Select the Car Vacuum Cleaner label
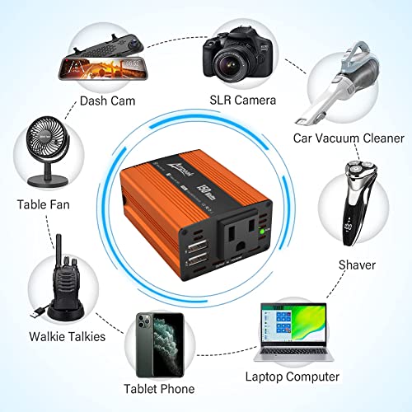pyautogui.click(x=349, y=138)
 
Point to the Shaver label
pyautogui.click(x=357, y=265)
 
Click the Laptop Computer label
pyautogui.click(x=293, y=377)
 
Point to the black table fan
pyautogui.click(x=44, y=152)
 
